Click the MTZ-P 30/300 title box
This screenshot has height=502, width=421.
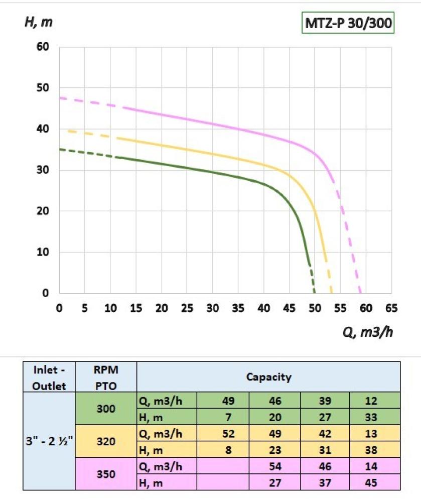coord(347,23)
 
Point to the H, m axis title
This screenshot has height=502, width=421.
coord(39,22)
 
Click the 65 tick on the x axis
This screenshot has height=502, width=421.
coord(391,308)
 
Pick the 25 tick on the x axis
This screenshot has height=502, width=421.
coord(187,308)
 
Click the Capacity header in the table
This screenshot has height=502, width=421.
coord(268,377)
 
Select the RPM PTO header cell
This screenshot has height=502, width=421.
coord(106,377)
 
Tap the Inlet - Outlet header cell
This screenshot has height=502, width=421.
coord(49,377)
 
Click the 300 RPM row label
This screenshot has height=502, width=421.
coord(106,409)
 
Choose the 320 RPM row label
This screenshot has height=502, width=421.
coord(106,442)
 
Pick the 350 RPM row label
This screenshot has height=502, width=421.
coord(106,474)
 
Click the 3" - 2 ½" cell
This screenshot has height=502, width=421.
coord(49,442)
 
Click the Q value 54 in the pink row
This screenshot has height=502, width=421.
coord(275,466)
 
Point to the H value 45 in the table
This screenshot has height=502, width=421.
coord(375,482)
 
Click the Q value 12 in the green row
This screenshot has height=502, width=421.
coord(375,401)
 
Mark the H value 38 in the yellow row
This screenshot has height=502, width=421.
coord(375,450)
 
